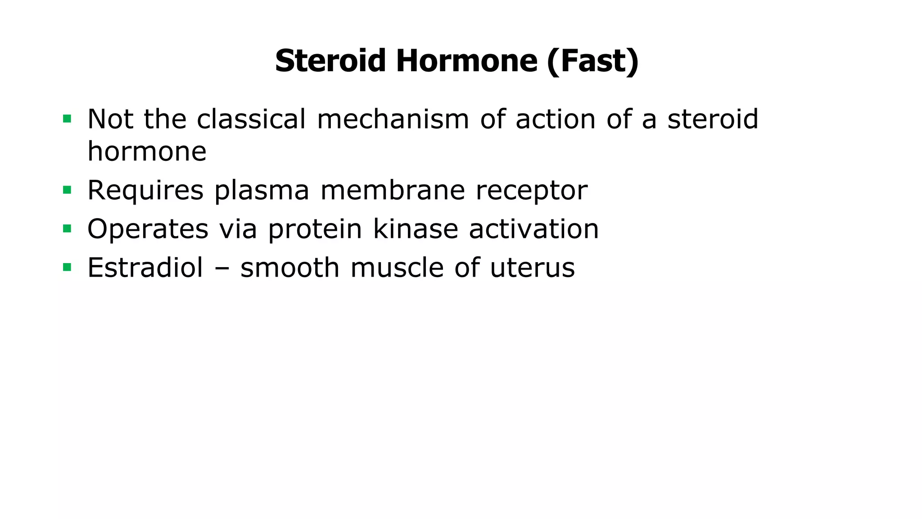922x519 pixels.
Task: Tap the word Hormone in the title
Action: [x=467, y=61]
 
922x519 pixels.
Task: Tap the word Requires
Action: [x=145, y=190]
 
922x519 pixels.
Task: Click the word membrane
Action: [x=393, y=190]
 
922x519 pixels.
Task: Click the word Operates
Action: [x=148, y=229]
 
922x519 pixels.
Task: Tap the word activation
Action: [x=534, y=229]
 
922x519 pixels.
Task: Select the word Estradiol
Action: [x=145, y=268]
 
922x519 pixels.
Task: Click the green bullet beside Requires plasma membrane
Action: [x=67, y=190]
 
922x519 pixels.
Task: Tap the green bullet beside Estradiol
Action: [x=67, y=268]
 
